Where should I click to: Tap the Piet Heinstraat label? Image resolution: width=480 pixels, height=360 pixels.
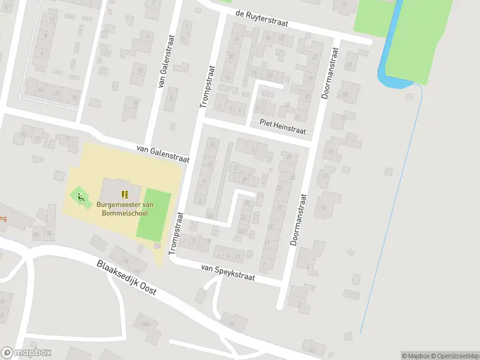[283, 126]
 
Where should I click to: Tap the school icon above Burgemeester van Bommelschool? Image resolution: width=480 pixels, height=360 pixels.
[125, 194]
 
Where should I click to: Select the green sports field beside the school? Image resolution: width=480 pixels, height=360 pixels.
[154, 214]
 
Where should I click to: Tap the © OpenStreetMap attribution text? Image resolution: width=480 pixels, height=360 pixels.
[455, 356]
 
